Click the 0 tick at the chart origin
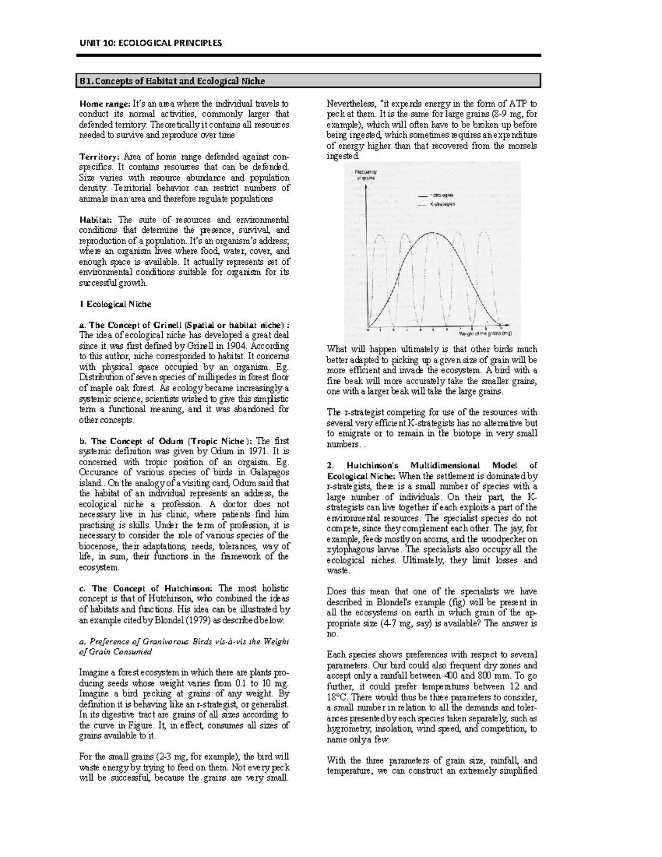[367, 330]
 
